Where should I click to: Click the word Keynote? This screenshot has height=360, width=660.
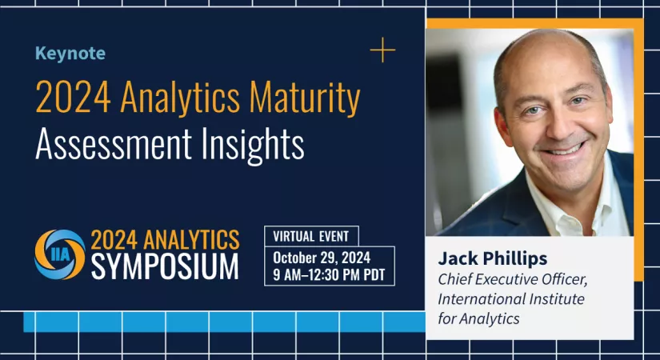point(70,54)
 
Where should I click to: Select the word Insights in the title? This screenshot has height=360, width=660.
point(253,145)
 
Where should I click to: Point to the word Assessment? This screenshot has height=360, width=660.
point(114,145)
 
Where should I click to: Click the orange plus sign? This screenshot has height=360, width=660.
point(382,50)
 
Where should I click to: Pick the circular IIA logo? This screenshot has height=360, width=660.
point(60,254)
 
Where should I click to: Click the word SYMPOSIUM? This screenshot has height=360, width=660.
point(165,267)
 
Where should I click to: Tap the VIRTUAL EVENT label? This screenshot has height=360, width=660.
point(311,236)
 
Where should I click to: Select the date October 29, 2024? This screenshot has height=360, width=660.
point(322,258)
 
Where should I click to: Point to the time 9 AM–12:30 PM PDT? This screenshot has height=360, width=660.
point(329,274)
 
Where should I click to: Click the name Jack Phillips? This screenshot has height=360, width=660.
point(493,258)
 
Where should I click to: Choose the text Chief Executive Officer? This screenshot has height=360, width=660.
point(513,279)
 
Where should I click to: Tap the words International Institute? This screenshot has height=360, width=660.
point(511,299)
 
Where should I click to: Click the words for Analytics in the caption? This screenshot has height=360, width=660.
point(478,318)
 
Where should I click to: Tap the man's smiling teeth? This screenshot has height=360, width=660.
point(563,150)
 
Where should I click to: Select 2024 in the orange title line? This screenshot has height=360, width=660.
point(74,97)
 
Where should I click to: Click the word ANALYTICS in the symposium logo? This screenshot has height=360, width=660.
point(191,240)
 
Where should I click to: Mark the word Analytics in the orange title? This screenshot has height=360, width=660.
point(180,97)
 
